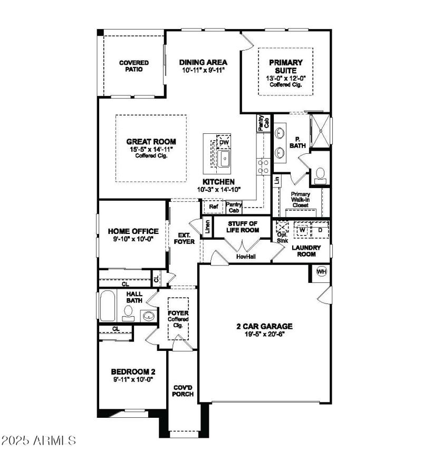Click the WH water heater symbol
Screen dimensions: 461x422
[321, 272]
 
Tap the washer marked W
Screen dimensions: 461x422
[303, 230]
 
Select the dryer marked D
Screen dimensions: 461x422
[320, 230]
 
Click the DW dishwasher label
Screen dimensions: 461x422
[224, 143]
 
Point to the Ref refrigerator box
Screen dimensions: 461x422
[214, 207]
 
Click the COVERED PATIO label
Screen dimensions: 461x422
[133, 66]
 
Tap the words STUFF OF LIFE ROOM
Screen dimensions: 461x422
[243, 227]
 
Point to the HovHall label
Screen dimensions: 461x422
[245, 256]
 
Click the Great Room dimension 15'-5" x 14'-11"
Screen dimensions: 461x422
[151, 150]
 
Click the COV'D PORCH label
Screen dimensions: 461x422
[183, 390]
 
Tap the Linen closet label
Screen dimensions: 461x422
[208, 228]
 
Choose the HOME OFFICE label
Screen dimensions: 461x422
[133, 231]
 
